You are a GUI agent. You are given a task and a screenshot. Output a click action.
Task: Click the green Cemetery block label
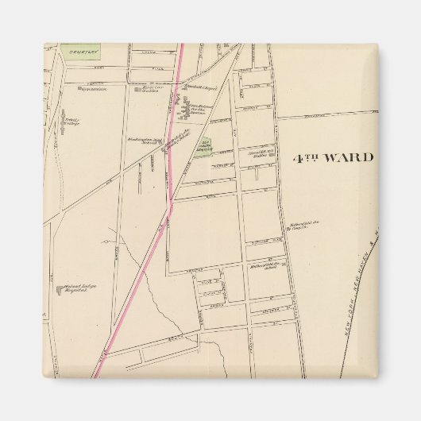[x=81, y=52]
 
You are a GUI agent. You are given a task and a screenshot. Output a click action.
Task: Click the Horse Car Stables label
[x=152, y=90]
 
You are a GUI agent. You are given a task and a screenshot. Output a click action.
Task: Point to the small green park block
[x=203, y=147]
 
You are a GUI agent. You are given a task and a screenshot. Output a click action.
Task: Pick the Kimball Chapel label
[x=195, y=87]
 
